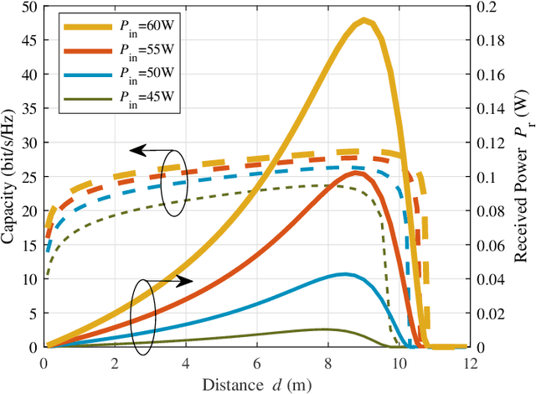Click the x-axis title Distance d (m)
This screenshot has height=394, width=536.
[x=255, y=384]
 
